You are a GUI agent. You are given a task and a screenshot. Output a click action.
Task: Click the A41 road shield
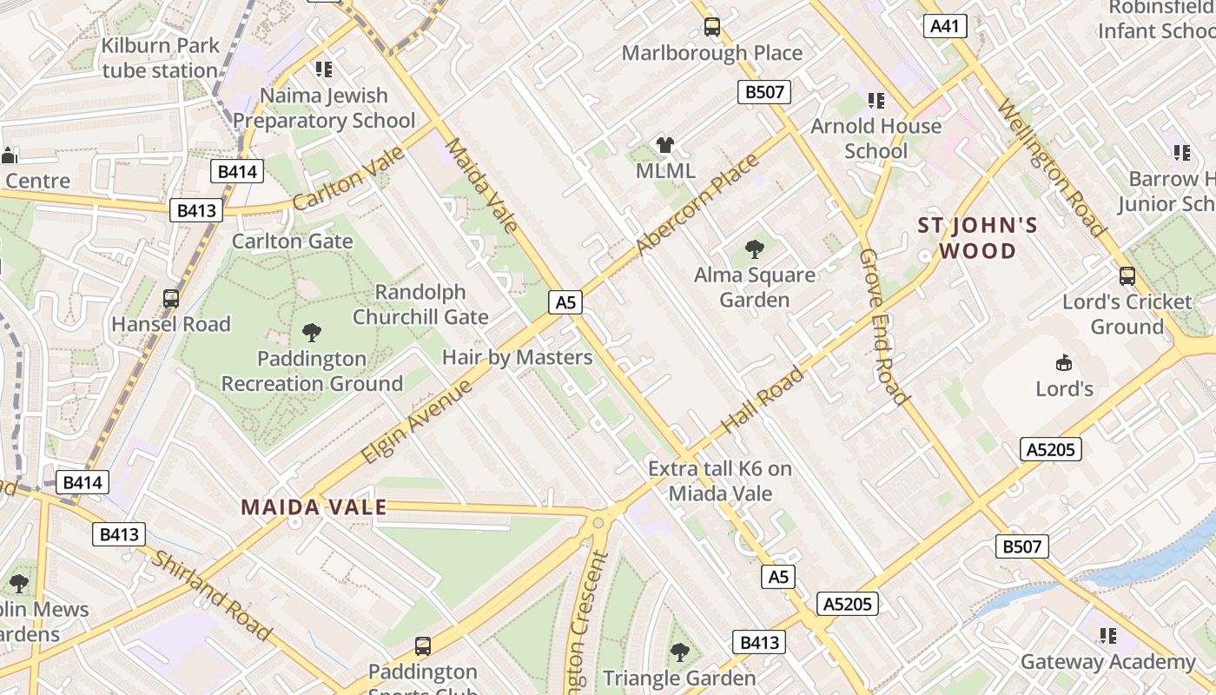944,26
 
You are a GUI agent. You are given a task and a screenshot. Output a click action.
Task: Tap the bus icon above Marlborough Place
712,27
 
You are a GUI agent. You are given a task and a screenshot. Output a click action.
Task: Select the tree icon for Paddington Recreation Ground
311,332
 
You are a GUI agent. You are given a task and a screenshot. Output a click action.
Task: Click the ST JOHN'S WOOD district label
977,239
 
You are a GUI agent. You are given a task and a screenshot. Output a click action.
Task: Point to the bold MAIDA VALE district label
314,507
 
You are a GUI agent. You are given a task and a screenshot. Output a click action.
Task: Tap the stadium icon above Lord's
1064,362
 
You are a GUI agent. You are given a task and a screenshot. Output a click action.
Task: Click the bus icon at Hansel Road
171,298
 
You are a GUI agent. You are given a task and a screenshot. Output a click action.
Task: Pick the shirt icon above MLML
665,145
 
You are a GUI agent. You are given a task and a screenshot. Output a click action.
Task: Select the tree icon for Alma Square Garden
755,249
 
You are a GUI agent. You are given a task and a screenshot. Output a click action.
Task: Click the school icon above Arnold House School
876,101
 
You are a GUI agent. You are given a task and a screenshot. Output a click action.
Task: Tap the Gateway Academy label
1107,661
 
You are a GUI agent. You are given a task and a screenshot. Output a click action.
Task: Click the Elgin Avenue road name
418,421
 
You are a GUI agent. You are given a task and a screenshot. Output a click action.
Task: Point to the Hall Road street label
763,400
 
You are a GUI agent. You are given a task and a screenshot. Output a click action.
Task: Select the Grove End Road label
883,327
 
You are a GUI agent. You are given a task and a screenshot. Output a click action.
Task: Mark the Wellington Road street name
1050,169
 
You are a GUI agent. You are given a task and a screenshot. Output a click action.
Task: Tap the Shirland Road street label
211,595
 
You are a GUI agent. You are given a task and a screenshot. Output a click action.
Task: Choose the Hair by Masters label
517,357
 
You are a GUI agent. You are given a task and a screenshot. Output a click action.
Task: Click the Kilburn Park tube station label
160,58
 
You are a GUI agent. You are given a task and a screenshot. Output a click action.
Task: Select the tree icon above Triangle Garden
679,652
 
